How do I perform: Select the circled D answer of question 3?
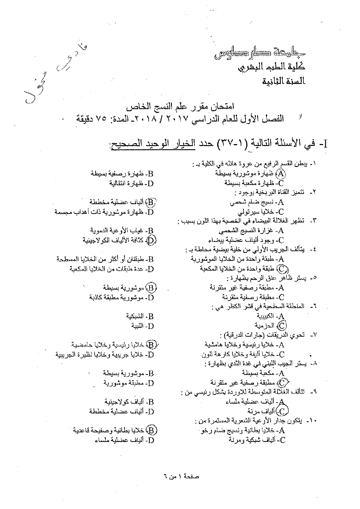151,240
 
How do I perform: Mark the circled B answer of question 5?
151,288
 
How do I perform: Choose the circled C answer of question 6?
282,325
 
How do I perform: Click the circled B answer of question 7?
151,345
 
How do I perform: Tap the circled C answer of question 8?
282,382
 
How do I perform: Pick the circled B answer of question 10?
151,430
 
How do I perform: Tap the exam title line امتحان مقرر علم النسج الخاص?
180,107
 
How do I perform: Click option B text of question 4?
105,259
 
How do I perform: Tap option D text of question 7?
104,355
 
